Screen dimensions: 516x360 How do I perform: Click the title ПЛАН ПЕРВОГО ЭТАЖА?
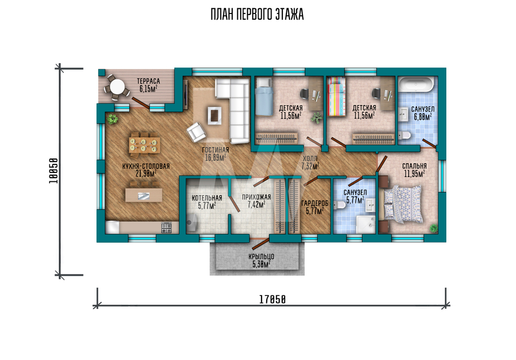coord(257,15)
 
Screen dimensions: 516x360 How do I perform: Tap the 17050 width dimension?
coord(272,300)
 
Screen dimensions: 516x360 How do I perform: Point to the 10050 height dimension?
coord(54,171)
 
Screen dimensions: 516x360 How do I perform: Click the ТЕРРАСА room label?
coord(149,81)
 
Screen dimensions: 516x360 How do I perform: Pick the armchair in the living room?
coord(196,132)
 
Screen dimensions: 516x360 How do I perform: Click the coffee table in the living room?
coord(214,116)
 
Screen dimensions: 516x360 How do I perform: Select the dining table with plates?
coord(144,145)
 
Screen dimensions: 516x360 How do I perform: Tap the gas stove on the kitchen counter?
coord(166,228)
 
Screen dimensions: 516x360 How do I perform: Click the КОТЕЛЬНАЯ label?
coord(207,198)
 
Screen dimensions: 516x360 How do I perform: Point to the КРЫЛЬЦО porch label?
coord(261,257)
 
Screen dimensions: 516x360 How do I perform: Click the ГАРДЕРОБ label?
coord(315,204)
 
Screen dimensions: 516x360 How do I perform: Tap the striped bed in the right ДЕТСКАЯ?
coord(336,97)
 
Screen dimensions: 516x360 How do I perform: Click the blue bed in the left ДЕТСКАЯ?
coord(265,97)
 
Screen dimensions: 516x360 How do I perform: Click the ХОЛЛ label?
coord(310,159)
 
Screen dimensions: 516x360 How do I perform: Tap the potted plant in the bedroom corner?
coord(434,228)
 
